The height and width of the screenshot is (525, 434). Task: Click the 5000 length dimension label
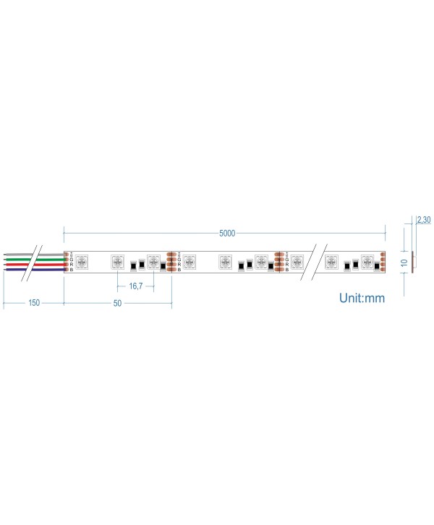pyautogui.click(x=227, y=233)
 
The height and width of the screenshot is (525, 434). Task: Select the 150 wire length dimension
pyautogui.click(x=33, y=303)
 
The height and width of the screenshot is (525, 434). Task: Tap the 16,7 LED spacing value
pyautogui.click(x=135, y=286)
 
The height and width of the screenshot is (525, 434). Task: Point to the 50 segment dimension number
pyautogui.click(x=117, y=303)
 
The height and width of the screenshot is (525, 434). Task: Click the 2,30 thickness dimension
pyautogui.click(x=423, y=220)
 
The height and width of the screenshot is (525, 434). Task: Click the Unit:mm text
pyautogui.click(x=362, y=298)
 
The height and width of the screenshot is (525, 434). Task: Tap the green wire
pyautogui.click(x=43, y=259)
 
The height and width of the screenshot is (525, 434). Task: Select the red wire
pyautogui.click(x=43, y=264)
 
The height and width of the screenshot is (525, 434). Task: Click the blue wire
pyautogui.click(x=43, y=269)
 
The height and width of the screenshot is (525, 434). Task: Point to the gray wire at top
pyautogui.click(x=43, y=255)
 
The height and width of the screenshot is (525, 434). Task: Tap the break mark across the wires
pyautogui.click(x=31, y=262)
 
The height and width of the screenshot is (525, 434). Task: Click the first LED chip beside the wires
pyautogui.click(x=81, y=262)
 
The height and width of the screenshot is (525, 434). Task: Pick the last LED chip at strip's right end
pyautogui.click(x=367, y=262)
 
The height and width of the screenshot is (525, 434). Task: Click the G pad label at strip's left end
pyautogui.click(x=71, y=260)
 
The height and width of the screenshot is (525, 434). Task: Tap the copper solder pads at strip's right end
pyautogui.click(x=383, y=262)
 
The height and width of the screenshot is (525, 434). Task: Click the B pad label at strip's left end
pyautogui.click(x=71, y=270)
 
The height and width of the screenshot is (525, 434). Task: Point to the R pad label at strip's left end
pyautogui.click(x=71, y=265)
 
